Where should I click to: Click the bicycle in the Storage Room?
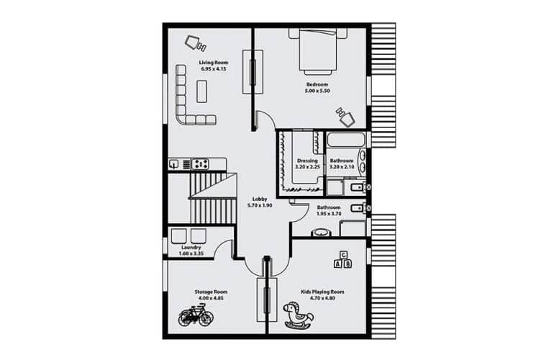tap(196, 317)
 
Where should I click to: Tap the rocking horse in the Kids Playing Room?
tap(299, 315)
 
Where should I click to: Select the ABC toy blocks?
tap(342, 260)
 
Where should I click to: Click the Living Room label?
tap(214, 63)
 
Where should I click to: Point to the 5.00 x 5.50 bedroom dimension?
tap(317, 91)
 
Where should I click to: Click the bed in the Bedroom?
tap(318, 52)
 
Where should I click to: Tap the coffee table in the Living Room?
tap(201, 91)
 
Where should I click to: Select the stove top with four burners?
tap(200, 164)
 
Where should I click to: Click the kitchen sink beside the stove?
tap(174, 164)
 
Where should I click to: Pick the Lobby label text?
tap(260, 199)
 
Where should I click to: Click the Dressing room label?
tap(307, 161)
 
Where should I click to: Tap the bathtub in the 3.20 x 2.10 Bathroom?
tap(346, 140)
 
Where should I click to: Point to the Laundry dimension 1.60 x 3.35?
tap(191, 253)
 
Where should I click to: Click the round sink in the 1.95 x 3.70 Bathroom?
tap(321, 233)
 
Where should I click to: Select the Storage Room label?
tap(211, 292)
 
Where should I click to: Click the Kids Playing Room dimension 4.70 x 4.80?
tap(322, 298)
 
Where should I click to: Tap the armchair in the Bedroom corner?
tap(346, 117)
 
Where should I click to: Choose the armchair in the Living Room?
tap(196, 43)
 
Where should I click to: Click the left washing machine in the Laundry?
tap(178, 236)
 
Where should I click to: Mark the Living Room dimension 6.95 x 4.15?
tap(214, 69)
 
